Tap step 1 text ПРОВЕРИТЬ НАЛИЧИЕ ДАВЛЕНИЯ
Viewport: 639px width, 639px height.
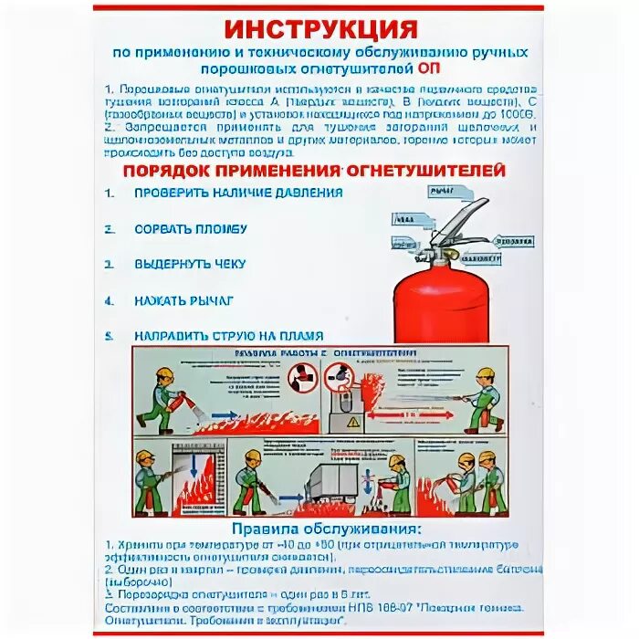pos(238,193)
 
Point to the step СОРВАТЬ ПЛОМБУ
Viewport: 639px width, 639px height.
pos(191,228)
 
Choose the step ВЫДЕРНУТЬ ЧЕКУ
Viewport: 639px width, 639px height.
pos(190,264)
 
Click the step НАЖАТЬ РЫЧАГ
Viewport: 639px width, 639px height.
pos(183,299)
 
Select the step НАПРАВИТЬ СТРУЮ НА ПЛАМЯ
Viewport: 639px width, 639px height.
pos(228,335)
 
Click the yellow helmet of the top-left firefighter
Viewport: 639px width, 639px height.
pos(164,375)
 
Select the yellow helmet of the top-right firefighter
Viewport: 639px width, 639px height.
pos(486,375)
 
